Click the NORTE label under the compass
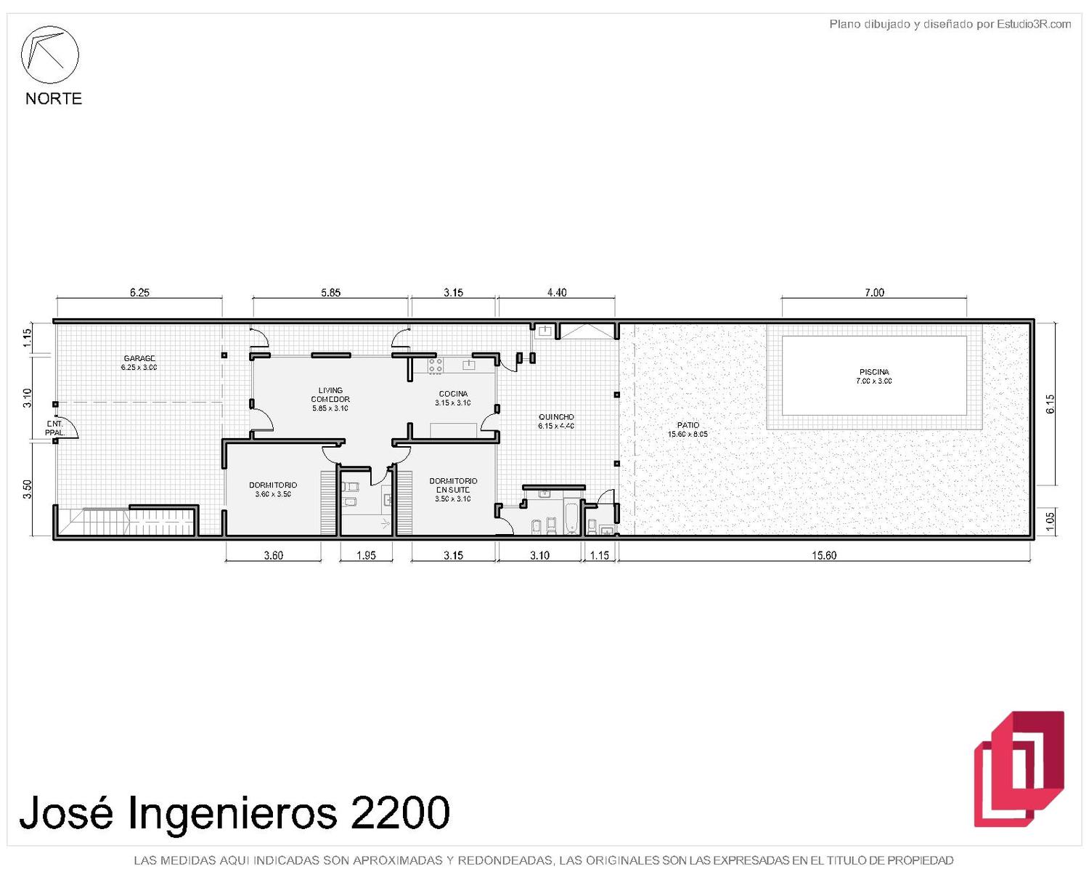[x=54, y=98]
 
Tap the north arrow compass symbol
[x=49, y=54]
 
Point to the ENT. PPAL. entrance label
[x=54, y=428]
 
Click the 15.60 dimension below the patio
[x=824, y=555]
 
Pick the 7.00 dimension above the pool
[x=874, y=292]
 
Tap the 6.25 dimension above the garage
[x=139, y=292]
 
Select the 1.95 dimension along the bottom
[x=366, y=555]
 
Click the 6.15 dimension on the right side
[x=1050, y=404]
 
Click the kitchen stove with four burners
[x=435, y=366]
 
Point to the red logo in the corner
[x=1019, y=769]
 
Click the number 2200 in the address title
[x=399, y=812]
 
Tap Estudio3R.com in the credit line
[x=1033, y=24]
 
